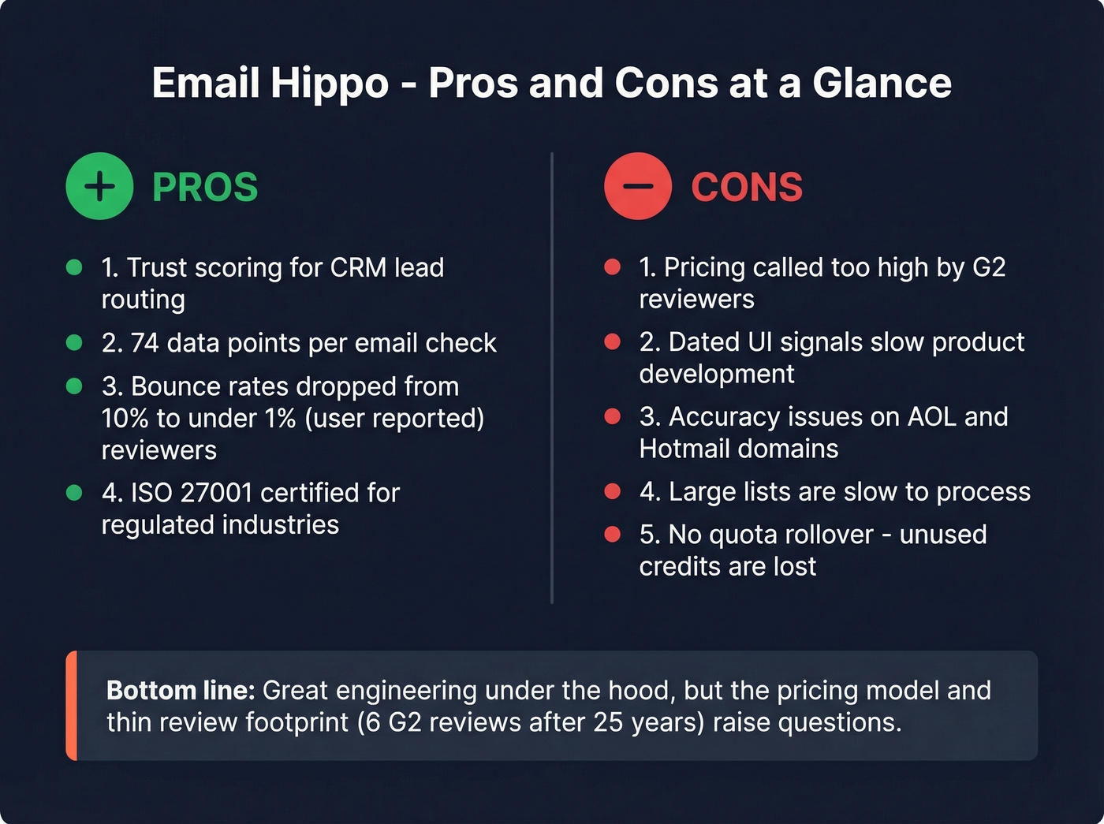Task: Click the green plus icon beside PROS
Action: [99, 186]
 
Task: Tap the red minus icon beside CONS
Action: [637, 186]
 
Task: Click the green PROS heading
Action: [205, 188]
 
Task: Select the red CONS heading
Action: [747, 188]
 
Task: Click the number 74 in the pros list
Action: [144, 343]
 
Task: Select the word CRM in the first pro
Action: [359, 267]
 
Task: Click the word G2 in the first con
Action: [989, 267]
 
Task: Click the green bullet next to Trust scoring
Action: [74, 267]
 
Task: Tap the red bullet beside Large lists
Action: [612, 491]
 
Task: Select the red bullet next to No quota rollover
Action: [612, 535]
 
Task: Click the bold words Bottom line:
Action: [181, 691]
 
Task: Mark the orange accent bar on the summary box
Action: [72, 706]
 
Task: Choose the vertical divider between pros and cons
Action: [552, 378]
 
